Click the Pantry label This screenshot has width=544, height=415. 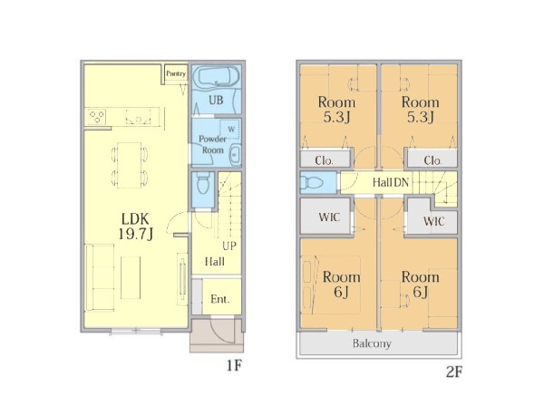176,73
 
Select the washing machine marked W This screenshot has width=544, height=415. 229,130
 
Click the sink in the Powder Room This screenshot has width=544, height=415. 235,154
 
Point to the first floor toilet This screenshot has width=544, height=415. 203,183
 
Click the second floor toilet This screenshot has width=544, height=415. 312,182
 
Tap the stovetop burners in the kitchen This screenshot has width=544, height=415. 97,117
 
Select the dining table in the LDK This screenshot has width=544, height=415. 130,165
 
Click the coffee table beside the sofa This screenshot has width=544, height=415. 131,277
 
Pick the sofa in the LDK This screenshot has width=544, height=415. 100,277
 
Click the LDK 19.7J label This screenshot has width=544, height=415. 135,227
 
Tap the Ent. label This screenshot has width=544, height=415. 220,299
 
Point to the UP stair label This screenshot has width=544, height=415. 229,246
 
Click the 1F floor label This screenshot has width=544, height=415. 234,365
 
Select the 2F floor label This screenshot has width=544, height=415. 454,372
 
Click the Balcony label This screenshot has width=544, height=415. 372,343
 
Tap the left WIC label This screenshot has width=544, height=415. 329,217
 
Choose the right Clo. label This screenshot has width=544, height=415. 432,160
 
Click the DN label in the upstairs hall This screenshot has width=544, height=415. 401,182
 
